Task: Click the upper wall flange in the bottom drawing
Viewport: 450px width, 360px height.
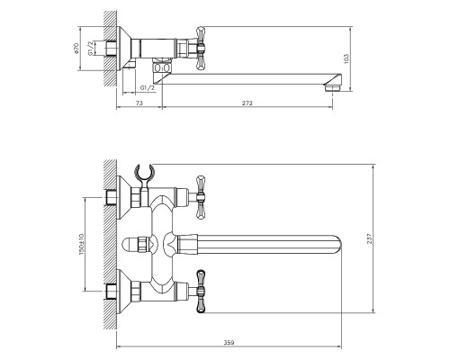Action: pos(135,194)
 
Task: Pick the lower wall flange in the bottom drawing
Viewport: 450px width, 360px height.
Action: pos(135,292)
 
